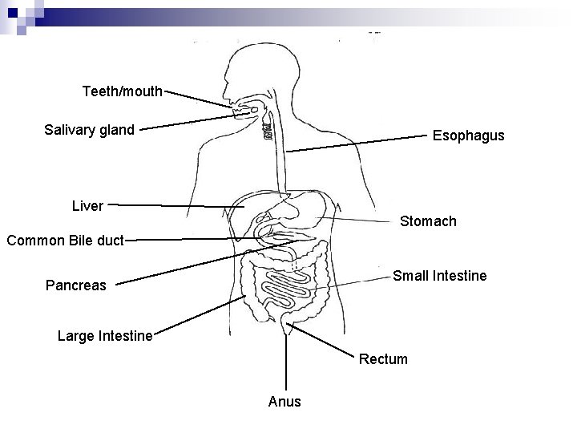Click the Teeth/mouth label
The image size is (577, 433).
pos(123,91)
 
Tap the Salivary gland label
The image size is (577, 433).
pos(89,129)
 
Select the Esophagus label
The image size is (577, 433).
pos(468,136)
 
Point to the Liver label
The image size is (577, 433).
pos(87,206)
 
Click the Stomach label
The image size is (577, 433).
pos(428,221)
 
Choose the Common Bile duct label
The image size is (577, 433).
pos(64,239)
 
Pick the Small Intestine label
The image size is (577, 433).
pos(439,276)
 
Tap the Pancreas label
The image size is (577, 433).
pos(75,285)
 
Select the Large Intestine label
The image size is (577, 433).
pos(105,335)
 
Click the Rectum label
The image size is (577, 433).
pos(383,358)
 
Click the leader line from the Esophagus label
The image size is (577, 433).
pos(361,143)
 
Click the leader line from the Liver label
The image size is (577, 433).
pos(176,205)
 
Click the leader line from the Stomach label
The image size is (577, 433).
pos(369,218)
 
